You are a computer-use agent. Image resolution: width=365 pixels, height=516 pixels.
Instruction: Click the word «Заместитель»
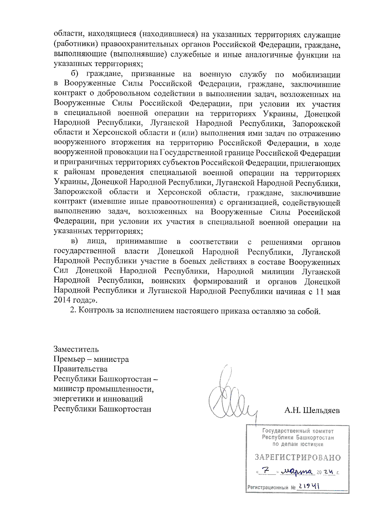76,349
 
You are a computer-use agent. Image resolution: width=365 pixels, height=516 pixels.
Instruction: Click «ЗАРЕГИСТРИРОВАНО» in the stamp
297,458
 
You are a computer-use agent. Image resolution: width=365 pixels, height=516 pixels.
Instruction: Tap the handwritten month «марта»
297,472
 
